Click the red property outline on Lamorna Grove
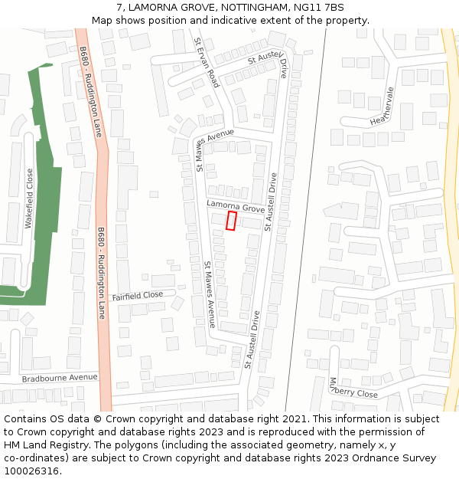click(231, 221)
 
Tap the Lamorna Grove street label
click(236, 207)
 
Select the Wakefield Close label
click(29, 198)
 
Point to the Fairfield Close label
click(138, 295)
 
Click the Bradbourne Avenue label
click(60, 378)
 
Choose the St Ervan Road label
click(207, 62)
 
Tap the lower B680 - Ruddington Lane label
click(101, 273)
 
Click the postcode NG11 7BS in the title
click(318, 8)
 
